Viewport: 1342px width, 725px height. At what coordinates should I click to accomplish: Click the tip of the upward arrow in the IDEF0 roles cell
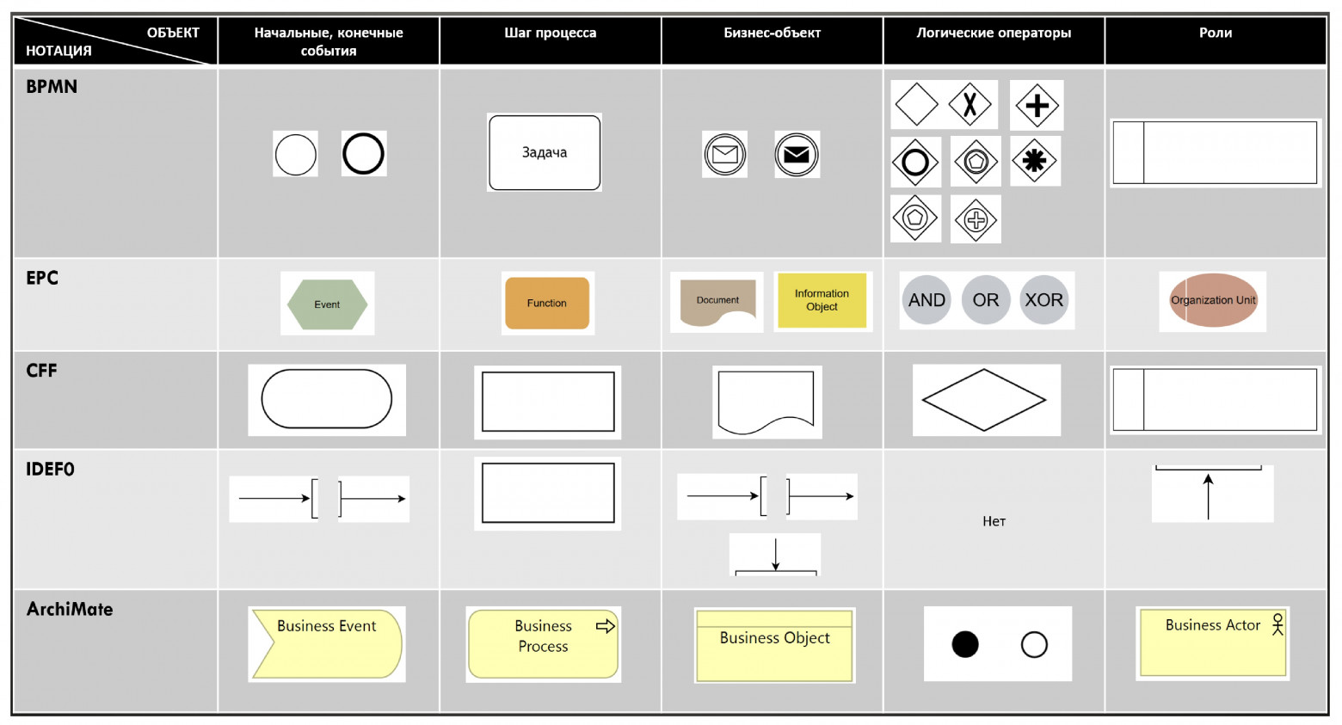click(x=1209, y=475)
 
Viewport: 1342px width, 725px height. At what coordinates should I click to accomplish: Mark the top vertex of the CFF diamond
click(x=984, y=369)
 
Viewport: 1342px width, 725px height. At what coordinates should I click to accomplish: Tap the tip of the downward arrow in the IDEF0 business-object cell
click(x=776, y=570)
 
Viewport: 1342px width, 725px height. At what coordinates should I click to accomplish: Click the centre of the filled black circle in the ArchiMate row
click(x=965, y=645)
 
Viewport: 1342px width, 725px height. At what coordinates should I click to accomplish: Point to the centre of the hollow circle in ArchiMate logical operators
click(x=1034, y=645)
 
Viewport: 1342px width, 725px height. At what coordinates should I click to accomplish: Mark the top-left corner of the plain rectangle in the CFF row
click(x=483, y=372)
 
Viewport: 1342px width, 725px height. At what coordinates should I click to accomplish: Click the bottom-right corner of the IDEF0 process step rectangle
click(x=614, y=522)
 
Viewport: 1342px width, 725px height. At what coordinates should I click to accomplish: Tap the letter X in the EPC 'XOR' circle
click(x=1031, y=299)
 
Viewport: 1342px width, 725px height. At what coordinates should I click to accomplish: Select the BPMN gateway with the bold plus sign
click(x=1037, y=106)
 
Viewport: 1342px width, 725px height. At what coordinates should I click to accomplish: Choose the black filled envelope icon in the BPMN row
click(x=797, y=155)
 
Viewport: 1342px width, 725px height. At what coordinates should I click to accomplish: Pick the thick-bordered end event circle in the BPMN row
click(x=363, y=153)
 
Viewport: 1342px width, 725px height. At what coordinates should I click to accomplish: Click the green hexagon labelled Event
click(x=327, y=304)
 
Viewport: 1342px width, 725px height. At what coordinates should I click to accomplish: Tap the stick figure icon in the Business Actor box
click(x=1277, y=624)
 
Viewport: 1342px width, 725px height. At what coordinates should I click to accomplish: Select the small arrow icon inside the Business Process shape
click(x=605, y=626)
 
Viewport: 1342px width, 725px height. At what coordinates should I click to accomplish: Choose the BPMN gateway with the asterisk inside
click(x=1035, y=161)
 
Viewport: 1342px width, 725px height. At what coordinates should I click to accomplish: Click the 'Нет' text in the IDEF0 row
click(x=994, y=521)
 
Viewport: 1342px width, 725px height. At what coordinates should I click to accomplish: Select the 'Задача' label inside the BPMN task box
click(x=544, y=152)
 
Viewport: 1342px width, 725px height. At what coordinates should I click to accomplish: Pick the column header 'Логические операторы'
click(x=994, y=33)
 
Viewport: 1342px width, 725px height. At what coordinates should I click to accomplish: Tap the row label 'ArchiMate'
click(x=70, y=610)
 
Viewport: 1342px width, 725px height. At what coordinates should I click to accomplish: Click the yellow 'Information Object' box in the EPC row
click(x=822, y=300)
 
